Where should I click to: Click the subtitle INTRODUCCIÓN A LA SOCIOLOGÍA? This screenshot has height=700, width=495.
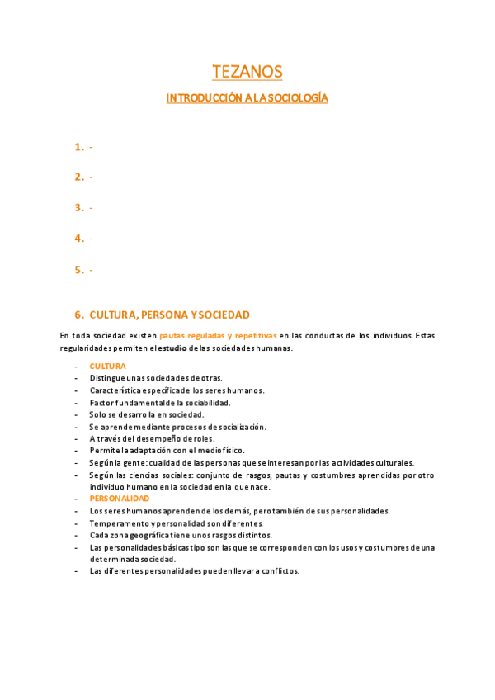[x=247, y=98]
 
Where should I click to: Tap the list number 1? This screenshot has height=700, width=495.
[x=78, y=147]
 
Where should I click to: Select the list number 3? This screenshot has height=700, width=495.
[x=78, y=208]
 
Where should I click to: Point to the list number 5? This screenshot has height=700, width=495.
[x=78, y=270]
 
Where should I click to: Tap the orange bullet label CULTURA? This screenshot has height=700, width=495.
[x=107, y=366]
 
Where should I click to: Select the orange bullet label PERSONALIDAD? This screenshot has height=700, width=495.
[x=120, y=499]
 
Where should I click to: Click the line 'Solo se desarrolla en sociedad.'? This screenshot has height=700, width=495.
[x=146, y=414]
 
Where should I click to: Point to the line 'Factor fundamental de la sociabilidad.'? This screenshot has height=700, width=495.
[x=159, y=402]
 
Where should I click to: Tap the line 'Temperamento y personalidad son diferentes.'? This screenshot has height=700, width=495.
[x=176, y=523]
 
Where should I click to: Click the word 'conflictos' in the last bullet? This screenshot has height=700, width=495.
[x=276, y=571]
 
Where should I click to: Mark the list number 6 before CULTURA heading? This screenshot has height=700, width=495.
[x=78, y=315]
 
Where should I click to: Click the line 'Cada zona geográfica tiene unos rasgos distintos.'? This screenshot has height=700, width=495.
[x=181, y=536]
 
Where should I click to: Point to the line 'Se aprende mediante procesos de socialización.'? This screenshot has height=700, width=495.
[x=177, y=427]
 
